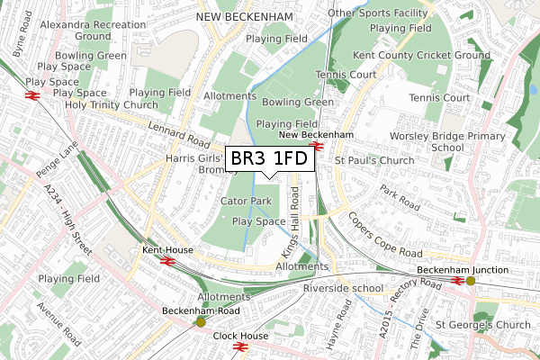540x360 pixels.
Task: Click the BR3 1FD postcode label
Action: [x=270, y=159]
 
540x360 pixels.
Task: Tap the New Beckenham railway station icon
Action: [x=315, y=146]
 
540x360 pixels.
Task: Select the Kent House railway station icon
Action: [x=166, y=260]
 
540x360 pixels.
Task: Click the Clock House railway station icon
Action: [x=239, y=346]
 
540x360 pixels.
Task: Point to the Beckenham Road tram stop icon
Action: [x=200, y=321]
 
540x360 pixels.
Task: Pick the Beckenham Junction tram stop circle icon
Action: [x=470, y=281]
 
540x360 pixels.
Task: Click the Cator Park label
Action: [x=246, y=201]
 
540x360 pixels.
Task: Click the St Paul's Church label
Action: [x=373, y=160]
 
